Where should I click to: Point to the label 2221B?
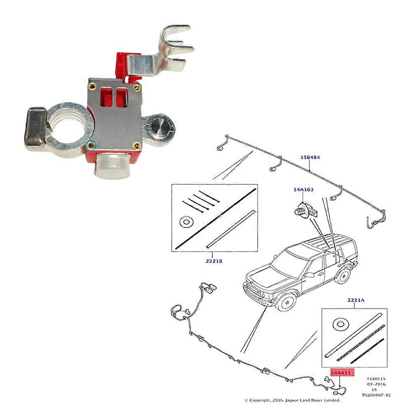(214, 261)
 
